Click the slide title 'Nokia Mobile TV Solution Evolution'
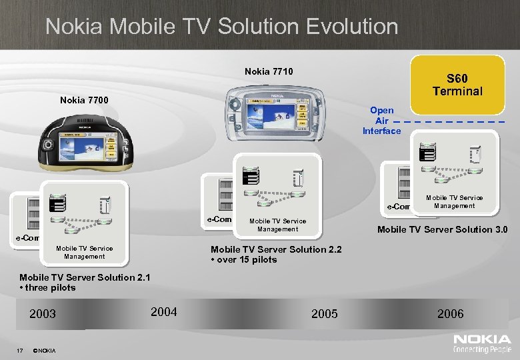pyautogui.click(x=221, y=27)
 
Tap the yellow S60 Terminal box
pyautogui.click(x=457, y=85)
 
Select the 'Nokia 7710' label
pyautogui.click(x=269, y=71)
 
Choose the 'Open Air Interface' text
pyautogui.click(x=381, y=121)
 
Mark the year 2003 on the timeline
pyautogui.click(x=43, y=314)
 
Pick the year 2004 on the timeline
pyautogui.click(x=164, y=311)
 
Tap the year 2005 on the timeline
pyautogui.click(x=324, y=314)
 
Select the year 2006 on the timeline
pyautogui.click(x=450, y=314)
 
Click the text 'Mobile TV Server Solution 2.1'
pyautogui.click(x=75, y=277)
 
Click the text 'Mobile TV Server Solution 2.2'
pyautogui.click(x=275, y=249)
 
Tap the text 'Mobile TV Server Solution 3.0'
pyautogui.click(x=442, y=230)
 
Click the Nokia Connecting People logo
pyautogui.click(x=482, y=343)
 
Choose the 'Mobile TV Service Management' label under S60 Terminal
pyautogui.click(x=453, y=201)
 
